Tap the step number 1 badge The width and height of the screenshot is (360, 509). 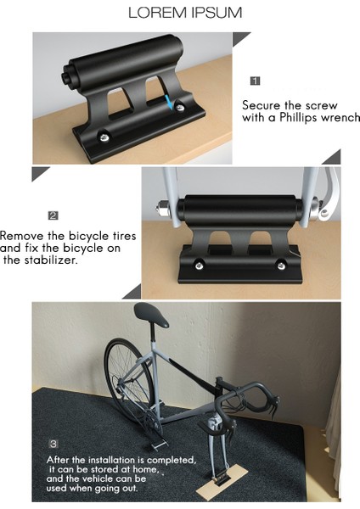pos(255,81)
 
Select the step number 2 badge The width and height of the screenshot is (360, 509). pos(53,215)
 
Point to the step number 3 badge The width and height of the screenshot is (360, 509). pos(53,444)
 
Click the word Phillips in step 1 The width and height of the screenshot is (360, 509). pos(298,118)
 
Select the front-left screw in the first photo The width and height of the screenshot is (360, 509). pos(102,135)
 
